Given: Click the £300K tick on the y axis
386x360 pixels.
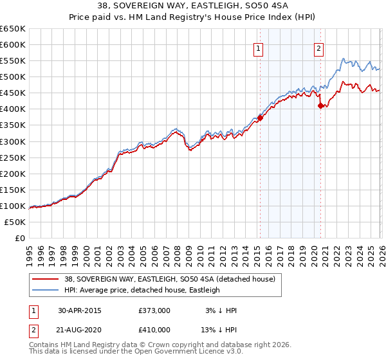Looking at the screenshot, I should pyautogui.click(x=13, y=141).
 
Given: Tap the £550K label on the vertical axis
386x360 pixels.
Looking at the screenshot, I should pyautogui.click(x=13, y=61).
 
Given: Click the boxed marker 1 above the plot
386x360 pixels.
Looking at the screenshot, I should pyautogui.click(x=258, y=48).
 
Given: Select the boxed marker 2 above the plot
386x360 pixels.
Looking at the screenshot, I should pyautogui.click(x=318, y=48).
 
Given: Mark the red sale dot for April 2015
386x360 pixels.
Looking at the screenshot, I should pyautogui.click(x=260, y=117).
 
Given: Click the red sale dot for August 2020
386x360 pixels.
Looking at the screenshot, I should pyautogui.click(x=320, y=105).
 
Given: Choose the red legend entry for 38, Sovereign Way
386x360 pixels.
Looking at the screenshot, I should pyautogui.click(x=170, y=279).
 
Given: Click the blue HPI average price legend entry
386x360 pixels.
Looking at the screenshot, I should pyautogui.click(x=142, y=290).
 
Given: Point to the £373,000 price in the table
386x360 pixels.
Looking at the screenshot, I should pyautogui.click(x=154, y=310).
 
